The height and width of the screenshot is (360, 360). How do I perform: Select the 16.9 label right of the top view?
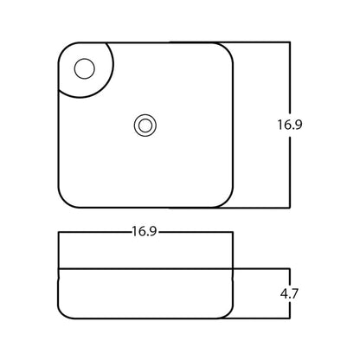click(290, 125)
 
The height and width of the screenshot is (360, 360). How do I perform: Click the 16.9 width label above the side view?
click(145, 231)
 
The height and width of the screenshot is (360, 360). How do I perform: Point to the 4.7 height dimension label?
click(289, 293)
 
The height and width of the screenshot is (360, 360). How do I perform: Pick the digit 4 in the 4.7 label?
click(284, 293)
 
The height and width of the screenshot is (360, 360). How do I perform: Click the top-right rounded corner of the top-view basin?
click(227, 49)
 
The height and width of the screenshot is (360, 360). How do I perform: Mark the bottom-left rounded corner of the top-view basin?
click(65, 201)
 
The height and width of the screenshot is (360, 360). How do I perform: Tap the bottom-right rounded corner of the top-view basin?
click(227, 201)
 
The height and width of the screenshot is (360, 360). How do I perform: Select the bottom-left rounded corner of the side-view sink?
click(64, 313)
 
